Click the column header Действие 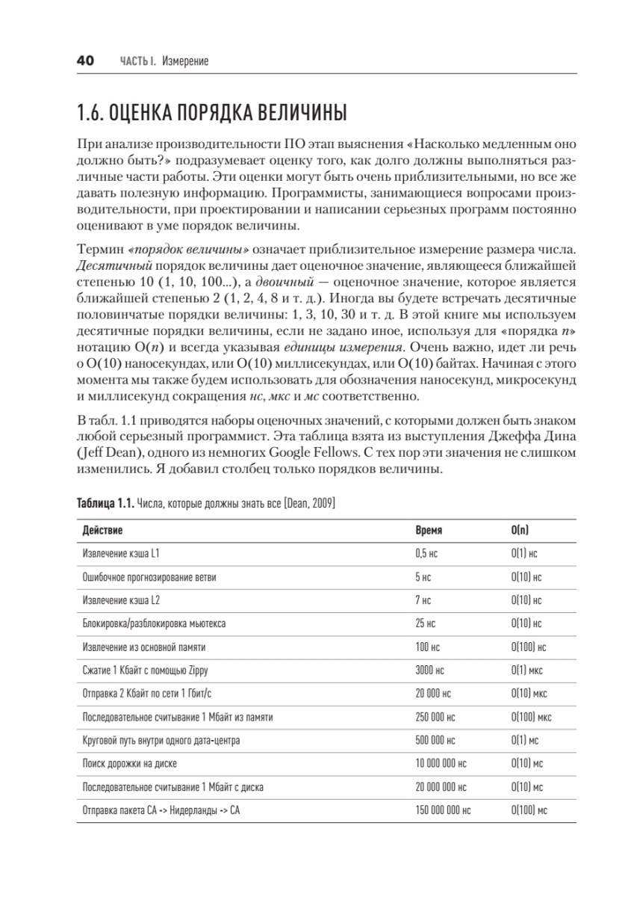[102, 529]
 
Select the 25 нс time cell [425, 623]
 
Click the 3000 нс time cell [429, 671]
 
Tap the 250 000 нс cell [435, 717]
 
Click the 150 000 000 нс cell [443, 810]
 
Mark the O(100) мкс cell [531, 717]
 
